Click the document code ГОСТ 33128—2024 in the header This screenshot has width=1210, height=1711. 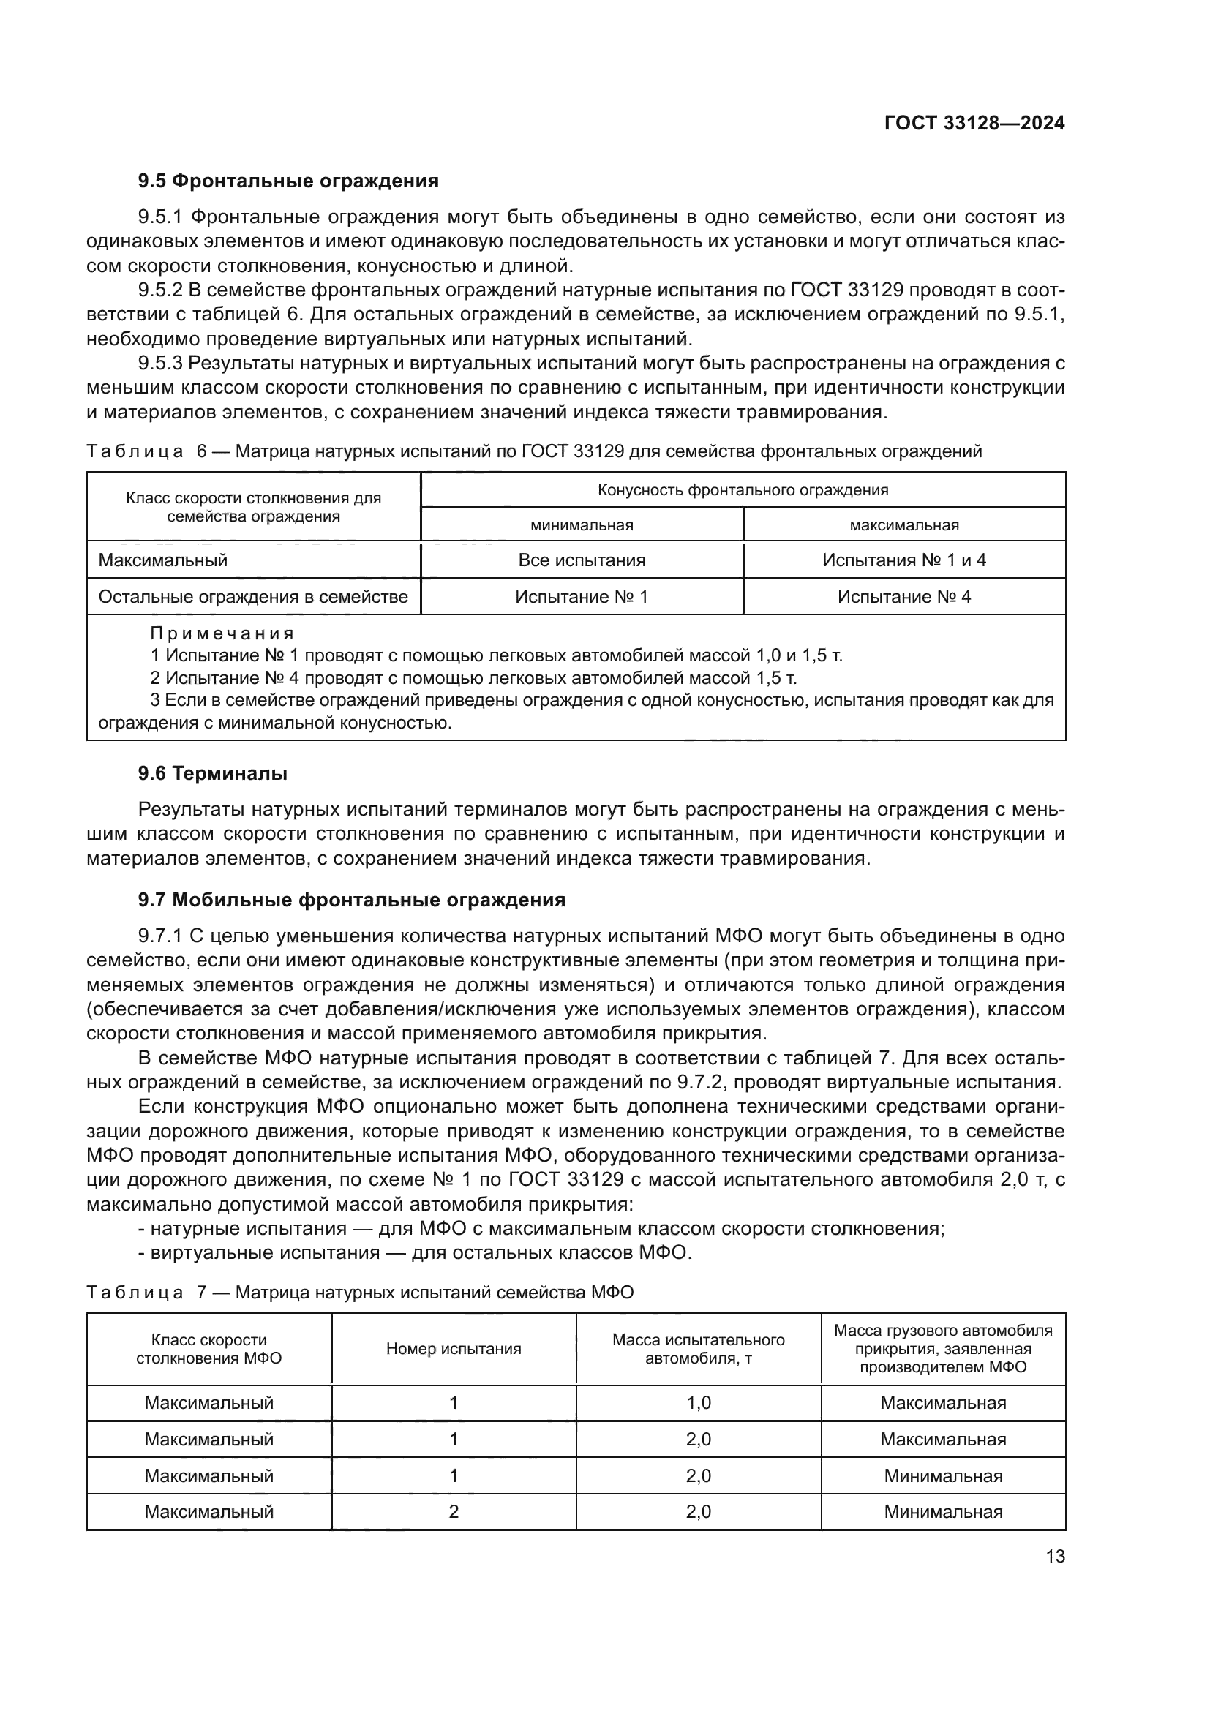click(974, 124)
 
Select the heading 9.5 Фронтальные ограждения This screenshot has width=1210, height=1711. click(288, 181)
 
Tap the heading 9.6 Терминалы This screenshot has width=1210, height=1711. click(212, 773)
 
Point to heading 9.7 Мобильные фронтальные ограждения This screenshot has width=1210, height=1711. click(352, 900)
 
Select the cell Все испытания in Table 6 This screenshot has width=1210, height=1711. click(581, 560)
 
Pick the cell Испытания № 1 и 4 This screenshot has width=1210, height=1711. click(903, 560)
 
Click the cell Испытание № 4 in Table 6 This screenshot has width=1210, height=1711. click(903, 597)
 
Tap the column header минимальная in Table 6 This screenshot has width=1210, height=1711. click(581, 524)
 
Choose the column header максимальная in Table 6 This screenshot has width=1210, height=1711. click(903, 524)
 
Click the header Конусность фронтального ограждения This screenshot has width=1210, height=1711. click(743, 489)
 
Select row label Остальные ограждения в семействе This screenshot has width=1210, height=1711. click(253, 597)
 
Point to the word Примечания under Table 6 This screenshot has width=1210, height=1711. click(222, 633)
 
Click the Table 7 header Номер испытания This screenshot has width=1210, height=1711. click(453, 1349)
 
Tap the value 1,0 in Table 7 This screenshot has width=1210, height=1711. click(698, 1403)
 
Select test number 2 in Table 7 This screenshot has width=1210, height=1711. click(453, 1512)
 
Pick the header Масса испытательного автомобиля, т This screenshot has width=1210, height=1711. click(698, 1349)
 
